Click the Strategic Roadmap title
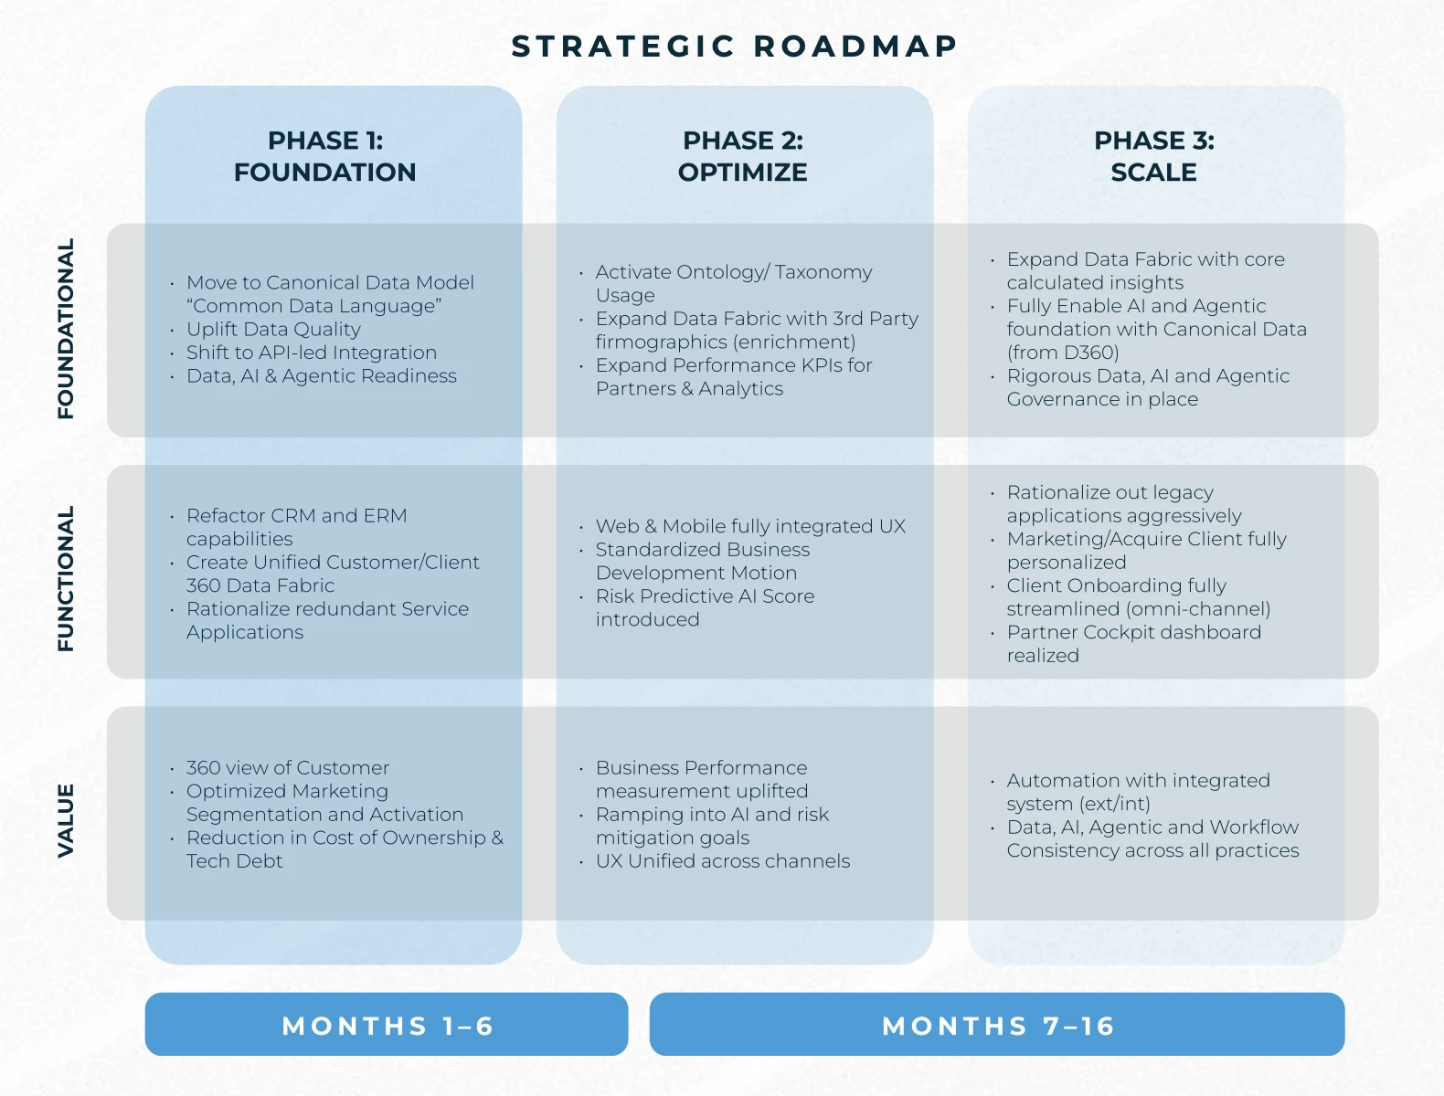[x=734, y=46]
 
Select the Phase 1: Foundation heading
[x=325, y=156]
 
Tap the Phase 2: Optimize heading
[x=743, y=156]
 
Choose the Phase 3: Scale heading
[x=1154, y=156]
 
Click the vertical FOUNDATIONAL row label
[x=66, y=329]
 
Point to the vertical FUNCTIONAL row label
[x=66, y=578]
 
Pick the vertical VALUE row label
[x=66, y=820]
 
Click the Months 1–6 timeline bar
[x=387, y=1025]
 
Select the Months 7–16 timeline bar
[x=997, y=1025]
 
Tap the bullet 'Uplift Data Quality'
[x=273, y=330]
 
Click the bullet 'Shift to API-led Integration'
[x=311, y=353]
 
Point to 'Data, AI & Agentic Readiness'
[x=321, y=376]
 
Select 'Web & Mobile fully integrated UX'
[x=750, y=526]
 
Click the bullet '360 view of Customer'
[x=288, y=768]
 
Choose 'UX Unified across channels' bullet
[x=723, y=861]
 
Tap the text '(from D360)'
[x=1063, y=353]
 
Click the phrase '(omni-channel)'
[x=1198, y=609]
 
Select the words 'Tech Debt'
[x=234, y=861]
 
